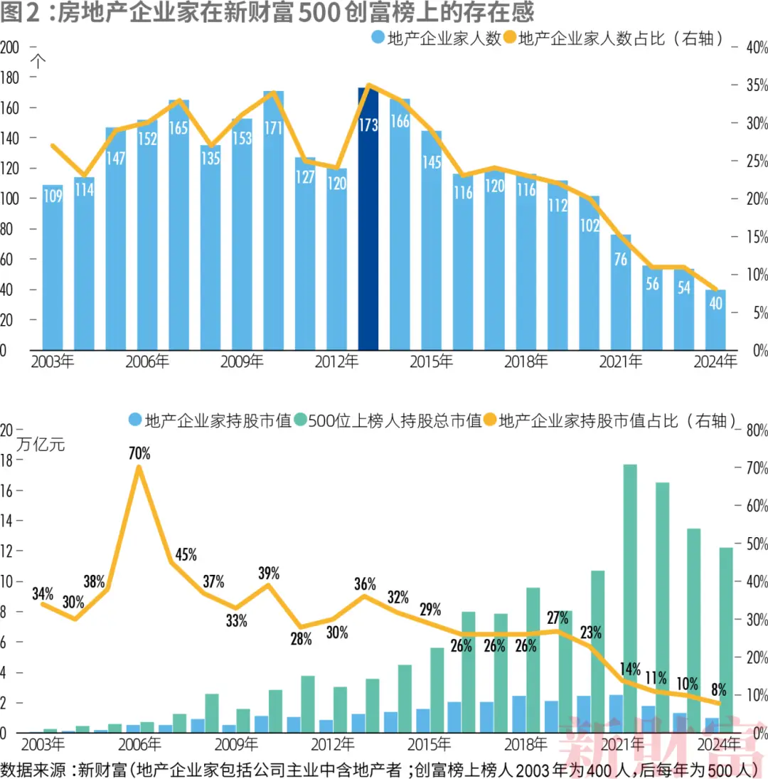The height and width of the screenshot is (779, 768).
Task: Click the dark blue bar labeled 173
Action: point(368,221)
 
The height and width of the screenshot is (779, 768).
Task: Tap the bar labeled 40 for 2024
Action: point(715,320)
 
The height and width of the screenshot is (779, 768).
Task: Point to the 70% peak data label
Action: point(139,452)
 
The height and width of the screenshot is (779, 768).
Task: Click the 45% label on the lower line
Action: point(186,555)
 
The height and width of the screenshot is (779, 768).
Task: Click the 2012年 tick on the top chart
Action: point(336,362)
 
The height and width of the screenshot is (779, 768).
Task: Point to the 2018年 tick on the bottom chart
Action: point(526,745)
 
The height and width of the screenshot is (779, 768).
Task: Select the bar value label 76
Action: point(620,260)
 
